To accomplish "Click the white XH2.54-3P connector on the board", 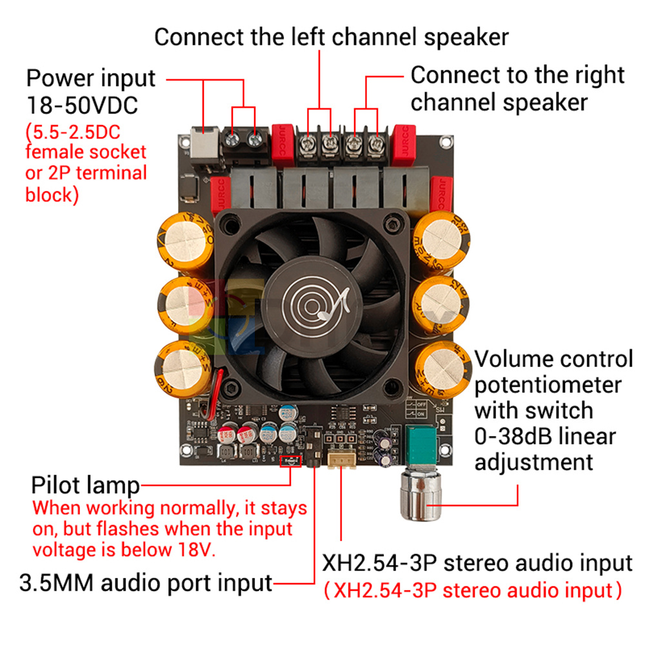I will click(x=340, y=459).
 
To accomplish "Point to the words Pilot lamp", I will click(x=85, y=486).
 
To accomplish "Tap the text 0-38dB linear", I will click(x=545, y=436).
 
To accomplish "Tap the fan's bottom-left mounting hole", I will click(x=230, y=388).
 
